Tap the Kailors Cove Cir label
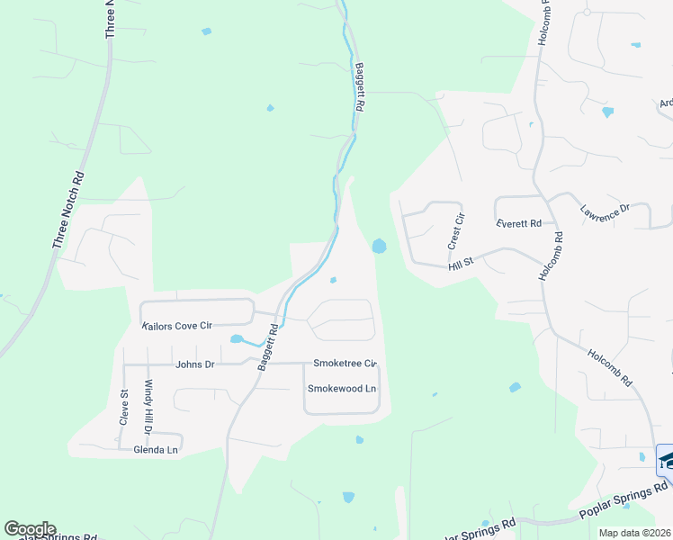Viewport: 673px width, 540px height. pos(176,326)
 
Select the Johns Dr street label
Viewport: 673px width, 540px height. pos(195,364)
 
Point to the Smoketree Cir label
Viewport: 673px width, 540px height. pos(345,364)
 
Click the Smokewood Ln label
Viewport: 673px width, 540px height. pos(341,389)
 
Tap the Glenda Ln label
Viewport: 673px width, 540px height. pos(156,449)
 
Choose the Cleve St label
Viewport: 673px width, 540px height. pos(125,405)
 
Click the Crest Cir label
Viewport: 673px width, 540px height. pos(456,230)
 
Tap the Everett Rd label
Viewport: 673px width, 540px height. pos(518,223)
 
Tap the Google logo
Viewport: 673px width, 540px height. pos(30,529)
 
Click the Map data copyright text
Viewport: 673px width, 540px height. pos(635,533)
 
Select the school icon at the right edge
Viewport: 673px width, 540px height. pos(666,460)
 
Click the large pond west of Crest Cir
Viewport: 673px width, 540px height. pos(380,246)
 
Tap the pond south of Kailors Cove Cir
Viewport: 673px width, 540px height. pos(237,339)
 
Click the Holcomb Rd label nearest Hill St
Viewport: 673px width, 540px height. pos(552,256)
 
